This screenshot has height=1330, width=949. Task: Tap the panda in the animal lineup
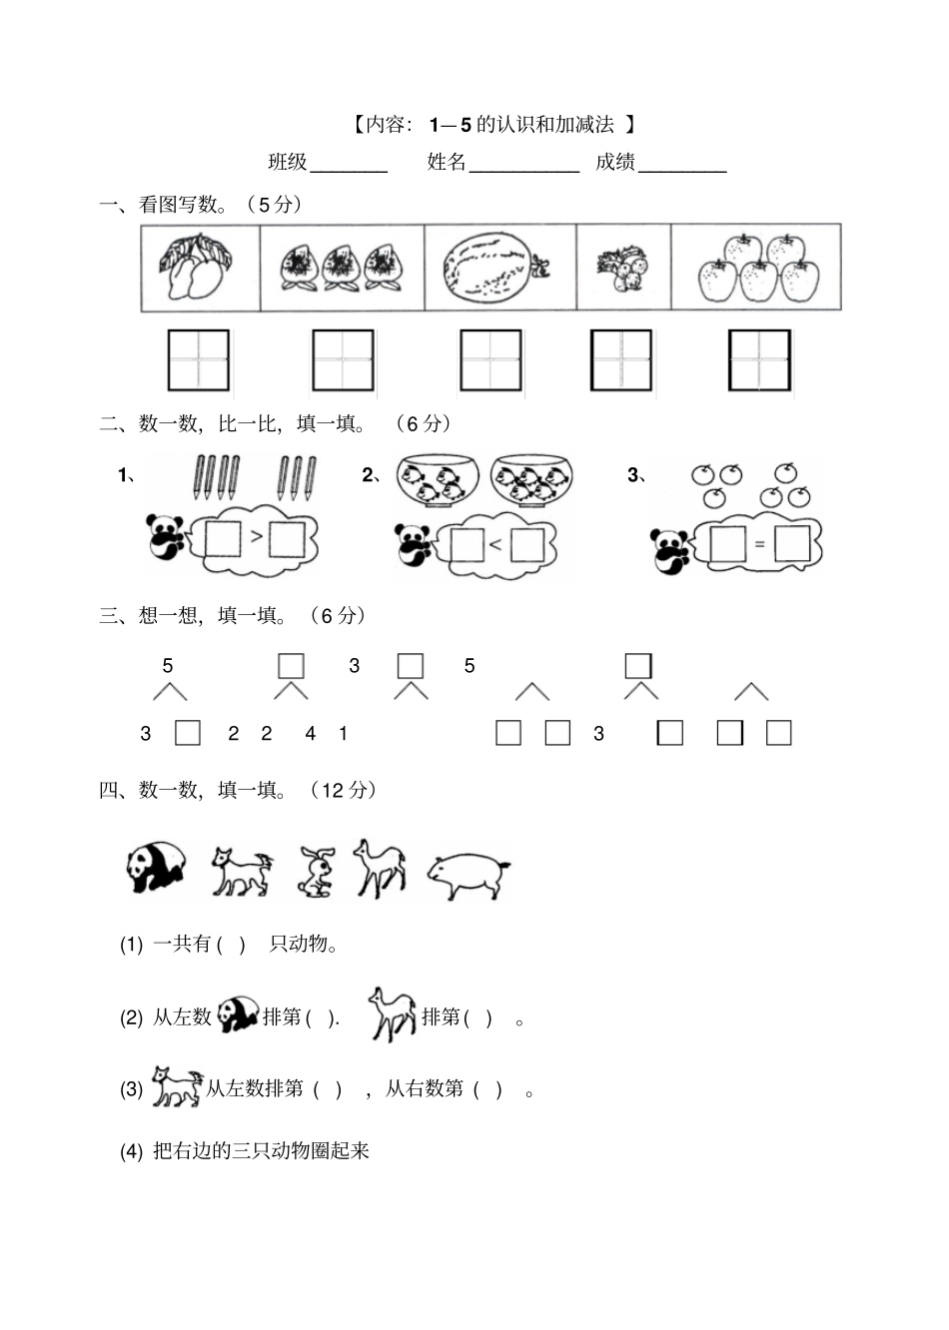click(157, 866)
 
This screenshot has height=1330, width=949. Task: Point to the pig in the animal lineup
click(468, 874)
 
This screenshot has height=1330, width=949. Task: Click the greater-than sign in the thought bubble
click(257, 537)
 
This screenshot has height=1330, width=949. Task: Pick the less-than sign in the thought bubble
click(495, 544)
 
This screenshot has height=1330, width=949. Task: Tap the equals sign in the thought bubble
click(759, 544)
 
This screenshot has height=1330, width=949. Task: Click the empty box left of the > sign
click(222, 539)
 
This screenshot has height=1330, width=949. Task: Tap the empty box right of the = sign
click(791, 544)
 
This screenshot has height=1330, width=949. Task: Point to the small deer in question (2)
click(392, 1013)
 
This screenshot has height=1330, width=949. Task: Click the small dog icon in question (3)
click(176, 1086)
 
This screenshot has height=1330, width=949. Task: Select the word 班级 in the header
click(288, 162)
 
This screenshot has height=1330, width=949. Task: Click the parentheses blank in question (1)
click(231, 944)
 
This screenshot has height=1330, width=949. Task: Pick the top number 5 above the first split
click(168, 665)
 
